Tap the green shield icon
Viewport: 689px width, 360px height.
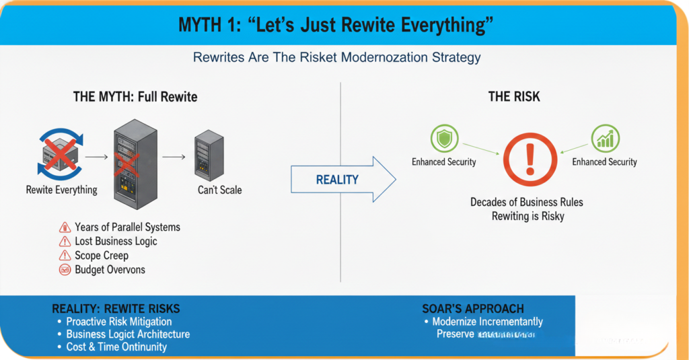(x=443, y=139)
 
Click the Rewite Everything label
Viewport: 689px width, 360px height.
(x=61, y=190)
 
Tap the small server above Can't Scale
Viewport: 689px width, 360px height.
(x=209, y=155)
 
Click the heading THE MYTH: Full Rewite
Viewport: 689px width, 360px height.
(x=135, y=97)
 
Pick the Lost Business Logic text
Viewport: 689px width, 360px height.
(x=116, y=241)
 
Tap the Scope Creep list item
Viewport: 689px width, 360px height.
(x=101, y=256)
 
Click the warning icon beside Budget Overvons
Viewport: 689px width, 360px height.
(x=65, y=270)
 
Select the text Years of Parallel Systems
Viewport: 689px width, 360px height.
(x=127, y=227)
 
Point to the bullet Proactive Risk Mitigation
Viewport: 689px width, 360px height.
(x=118, y=322)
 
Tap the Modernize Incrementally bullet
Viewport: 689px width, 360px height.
(x=487, y=322)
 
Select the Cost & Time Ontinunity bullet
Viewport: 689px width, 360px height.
(x=116, y=347)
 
